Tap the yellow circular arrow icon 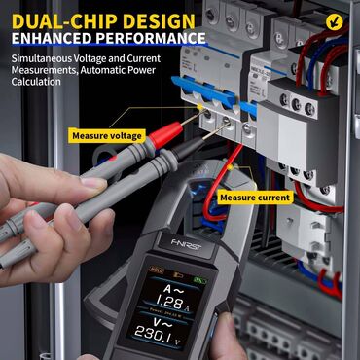click(x=337, y=18)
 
